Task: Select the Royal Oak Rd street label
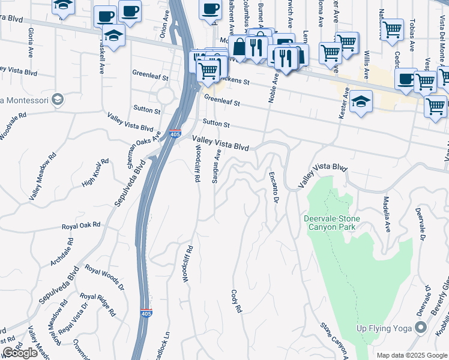pyautogui.click(x=81, y=226)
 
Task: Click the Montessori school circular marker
pyautogui.click(x=58, y=99)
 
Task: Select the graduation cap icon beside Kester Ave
pyautogui.click(x=360, y=101)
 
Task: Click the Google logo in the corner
pyautogui.click(x=20, y=353)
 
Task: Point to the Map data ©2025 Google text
pyautogui.click(x=412, y=355)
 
